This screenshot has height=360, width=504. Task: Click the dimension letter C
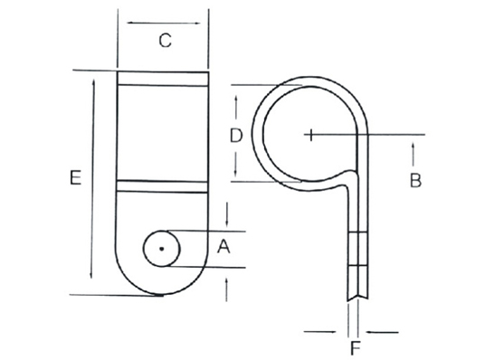pyautogui.click(x=166, y=41)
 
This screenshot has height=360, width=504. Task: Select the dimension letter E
pyautogui.click(x=75, y=178)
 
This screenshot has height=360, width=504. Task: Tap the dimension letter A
pyautogui.click(x=223, y=247)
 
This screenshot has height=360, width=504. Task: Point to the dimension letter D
pyautogui.click(x=236, y=136)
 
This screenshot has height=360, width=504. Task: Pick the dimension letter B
pyautogui.click(x=415, y=180)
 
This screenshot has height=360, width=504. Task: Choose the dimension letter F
pyautogui.click(x=355, y=348)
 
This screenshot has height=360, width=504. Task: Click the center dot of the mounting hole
pyautogui.click(x=162, y=249)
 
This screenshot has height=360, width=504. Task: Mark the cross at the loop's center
pyautogui.click(x=310, y=135)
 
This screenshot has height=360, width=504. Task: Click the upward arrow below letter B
pyautogui.click(x=414, y=155)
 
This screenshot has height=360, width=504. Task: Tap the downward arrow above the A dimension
pyautogui.click(x=227, y=214)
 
